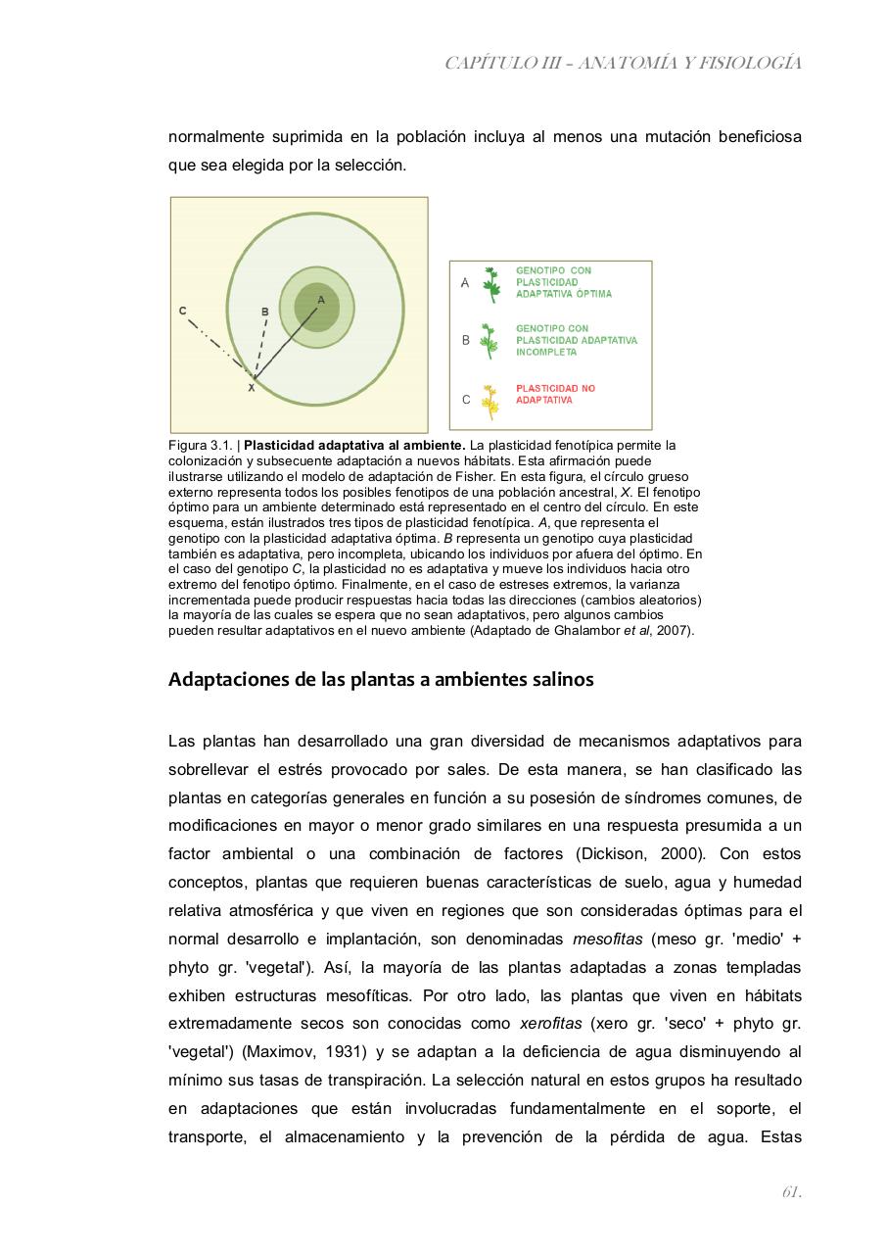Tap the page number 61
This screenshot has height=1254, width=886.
(x=791, y=1192)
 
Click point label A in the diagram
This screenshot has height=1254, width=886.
(x=320, y=299)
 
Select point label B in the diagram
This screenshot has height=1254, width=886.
(x=264, y=312)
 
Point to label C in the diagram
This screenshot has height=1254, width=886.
(x=183, y=311)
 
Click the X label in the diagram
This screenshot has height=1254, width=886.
(x=251, y=388)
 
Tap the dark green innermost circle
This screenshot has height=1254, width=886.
(x=316, y=308)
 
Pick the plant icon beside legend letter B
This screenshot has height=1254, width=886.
(x=490, y=341)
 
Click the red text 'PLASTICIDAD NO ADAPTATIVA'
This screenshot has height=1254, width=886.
(x=555, y=395)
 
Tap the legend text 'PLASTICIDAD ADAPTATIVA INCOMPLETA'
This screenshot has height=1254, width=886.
(x=576, y=340)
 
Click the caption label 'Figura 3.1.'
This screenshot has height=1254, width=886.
(x=201, y=445)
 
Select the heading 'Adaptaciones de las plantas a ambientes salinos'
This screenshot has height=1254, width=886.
(x=381, y=679)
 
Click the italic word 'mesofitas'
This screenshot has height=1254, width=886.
(x=607, y=939)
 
